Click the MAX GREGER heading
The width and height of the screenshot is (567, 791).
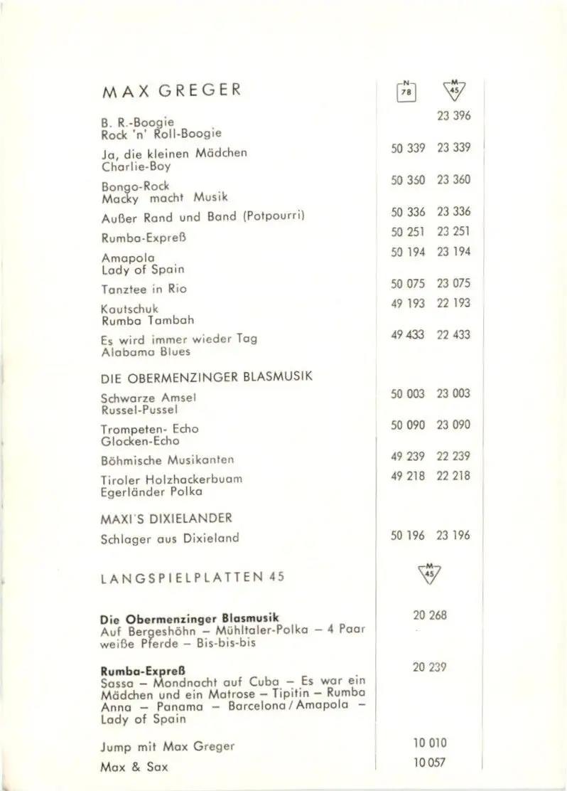(171, 92)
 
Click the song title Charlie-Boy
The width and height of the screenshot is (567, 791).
(136, 166)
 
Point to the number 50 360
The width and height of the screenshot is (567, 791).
(408, 180)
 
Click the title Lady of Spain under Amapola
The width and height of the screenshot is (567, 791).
(143, 269)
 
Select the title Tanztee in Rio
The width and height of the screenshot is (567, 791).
(144, 289)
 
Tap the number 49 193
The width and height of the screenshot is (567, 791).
(408, 303)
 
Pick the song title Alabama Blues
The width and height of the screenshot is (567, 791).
(146, 351)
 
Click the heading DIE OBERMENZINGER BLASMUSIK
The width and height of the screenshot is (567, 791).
(207, 377)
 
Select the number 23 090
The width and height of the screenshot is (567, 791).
(453, 425)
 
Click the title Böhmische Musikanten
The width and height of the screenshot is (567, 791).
(168, 460)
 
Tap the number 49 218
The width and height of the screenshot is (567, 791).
(408, 476)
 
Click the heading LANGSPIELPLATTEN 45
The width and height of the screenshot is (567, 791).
(193, 577)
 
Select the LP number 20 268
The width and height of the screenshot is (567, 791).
(430, 615)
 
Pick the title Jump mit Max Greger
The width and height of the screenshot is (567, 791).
(168, 746)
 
